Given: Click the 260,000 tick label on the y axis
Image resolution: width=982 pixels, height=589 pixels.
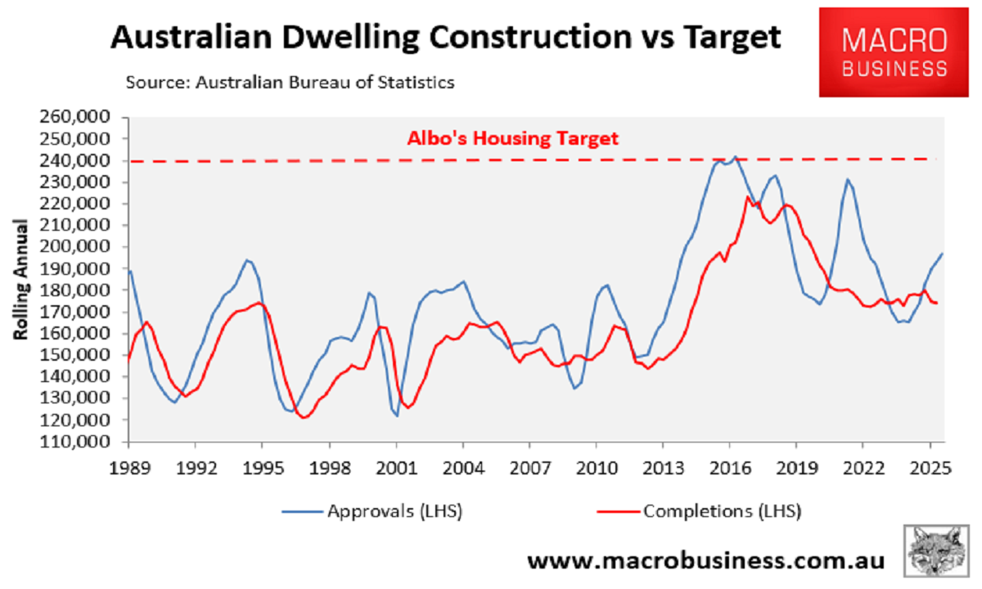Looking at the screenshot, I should (x=80, y=117).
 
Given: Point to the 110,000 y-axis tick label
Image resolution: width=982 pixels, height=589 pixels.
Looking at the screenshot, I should (x=80, y=442).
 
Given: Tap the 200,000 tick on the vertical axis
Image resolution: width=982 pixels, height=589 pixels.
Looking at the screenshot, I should (x=80, y=247).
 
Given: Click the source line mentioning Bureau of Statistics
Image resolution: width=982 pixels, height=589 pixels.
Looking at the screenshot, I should (x=290, y=82).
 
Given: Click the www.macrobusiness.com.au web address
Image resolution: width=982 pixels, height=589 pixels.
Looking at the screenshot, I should (x=705, y=561).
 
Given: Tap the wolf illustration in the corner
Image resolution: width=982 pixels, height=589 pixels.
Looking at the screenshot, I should (x=939, y=551).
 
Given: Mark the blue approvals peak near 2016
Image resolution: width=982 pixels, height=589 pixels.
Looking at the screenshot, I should (x=734, y=156).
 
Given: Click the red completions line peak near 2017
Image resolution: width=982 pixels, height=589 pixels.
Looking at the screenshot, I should (x=747, y=196).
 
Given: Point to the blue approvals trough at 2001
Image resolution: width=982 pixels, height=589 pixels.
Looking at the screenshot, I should (x=397, y=416).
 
